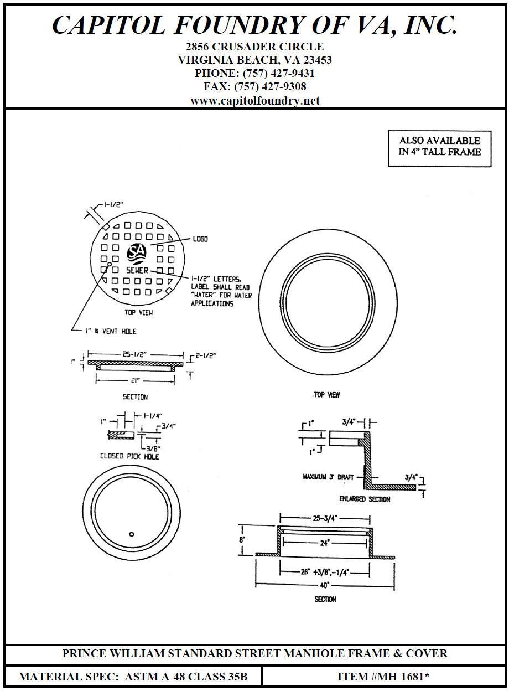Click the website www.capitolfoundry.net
pos(254,101)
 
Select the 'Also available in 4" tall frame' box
pos(440,147)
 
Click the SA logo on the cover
pos(137,252)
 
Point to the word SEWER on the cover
pos(137,271)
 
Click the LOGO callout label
pos(200,239)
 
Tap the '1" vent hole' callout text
pos(111,331)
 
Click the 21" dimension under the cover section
pos(135,380)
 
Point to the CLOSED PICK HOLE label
pos(129,456)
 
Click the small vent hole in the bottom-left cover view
pos(131,534)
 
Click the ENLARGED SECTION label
pos(365,499)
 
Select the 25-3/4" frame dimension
pos(324,518)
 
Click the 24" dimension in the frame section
pos(325,543)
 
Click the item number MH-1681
pos(383,677)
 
